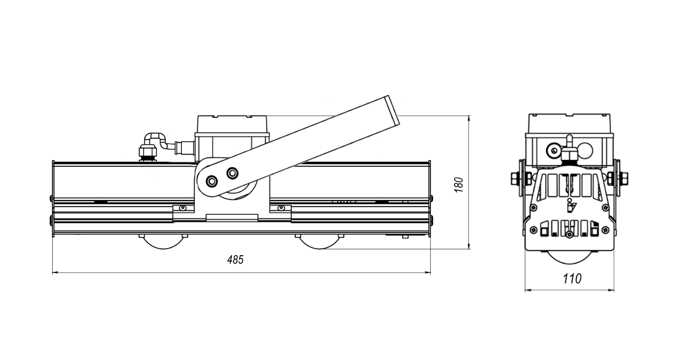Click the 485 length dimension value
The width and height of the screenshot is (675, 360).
235,260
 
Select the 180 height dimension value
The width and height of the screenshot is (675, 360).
459,185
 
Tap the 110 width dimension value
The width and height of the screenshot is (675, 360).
572,279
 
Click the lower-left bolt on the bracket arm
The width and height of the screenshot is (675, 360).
212,181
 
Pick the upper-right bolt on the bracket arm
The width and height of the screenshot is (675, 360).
232,173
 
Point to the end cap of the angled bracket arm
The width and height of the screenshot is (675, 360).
392,110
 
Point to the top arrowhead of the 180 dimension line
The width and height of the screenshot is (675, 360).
469,118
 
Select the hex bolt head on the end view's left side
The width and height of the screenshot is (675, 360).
514,178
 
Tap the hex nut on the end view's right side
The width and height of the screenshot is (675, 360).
625,178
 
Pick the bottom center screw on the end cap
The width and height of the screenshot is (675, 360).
569,234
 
